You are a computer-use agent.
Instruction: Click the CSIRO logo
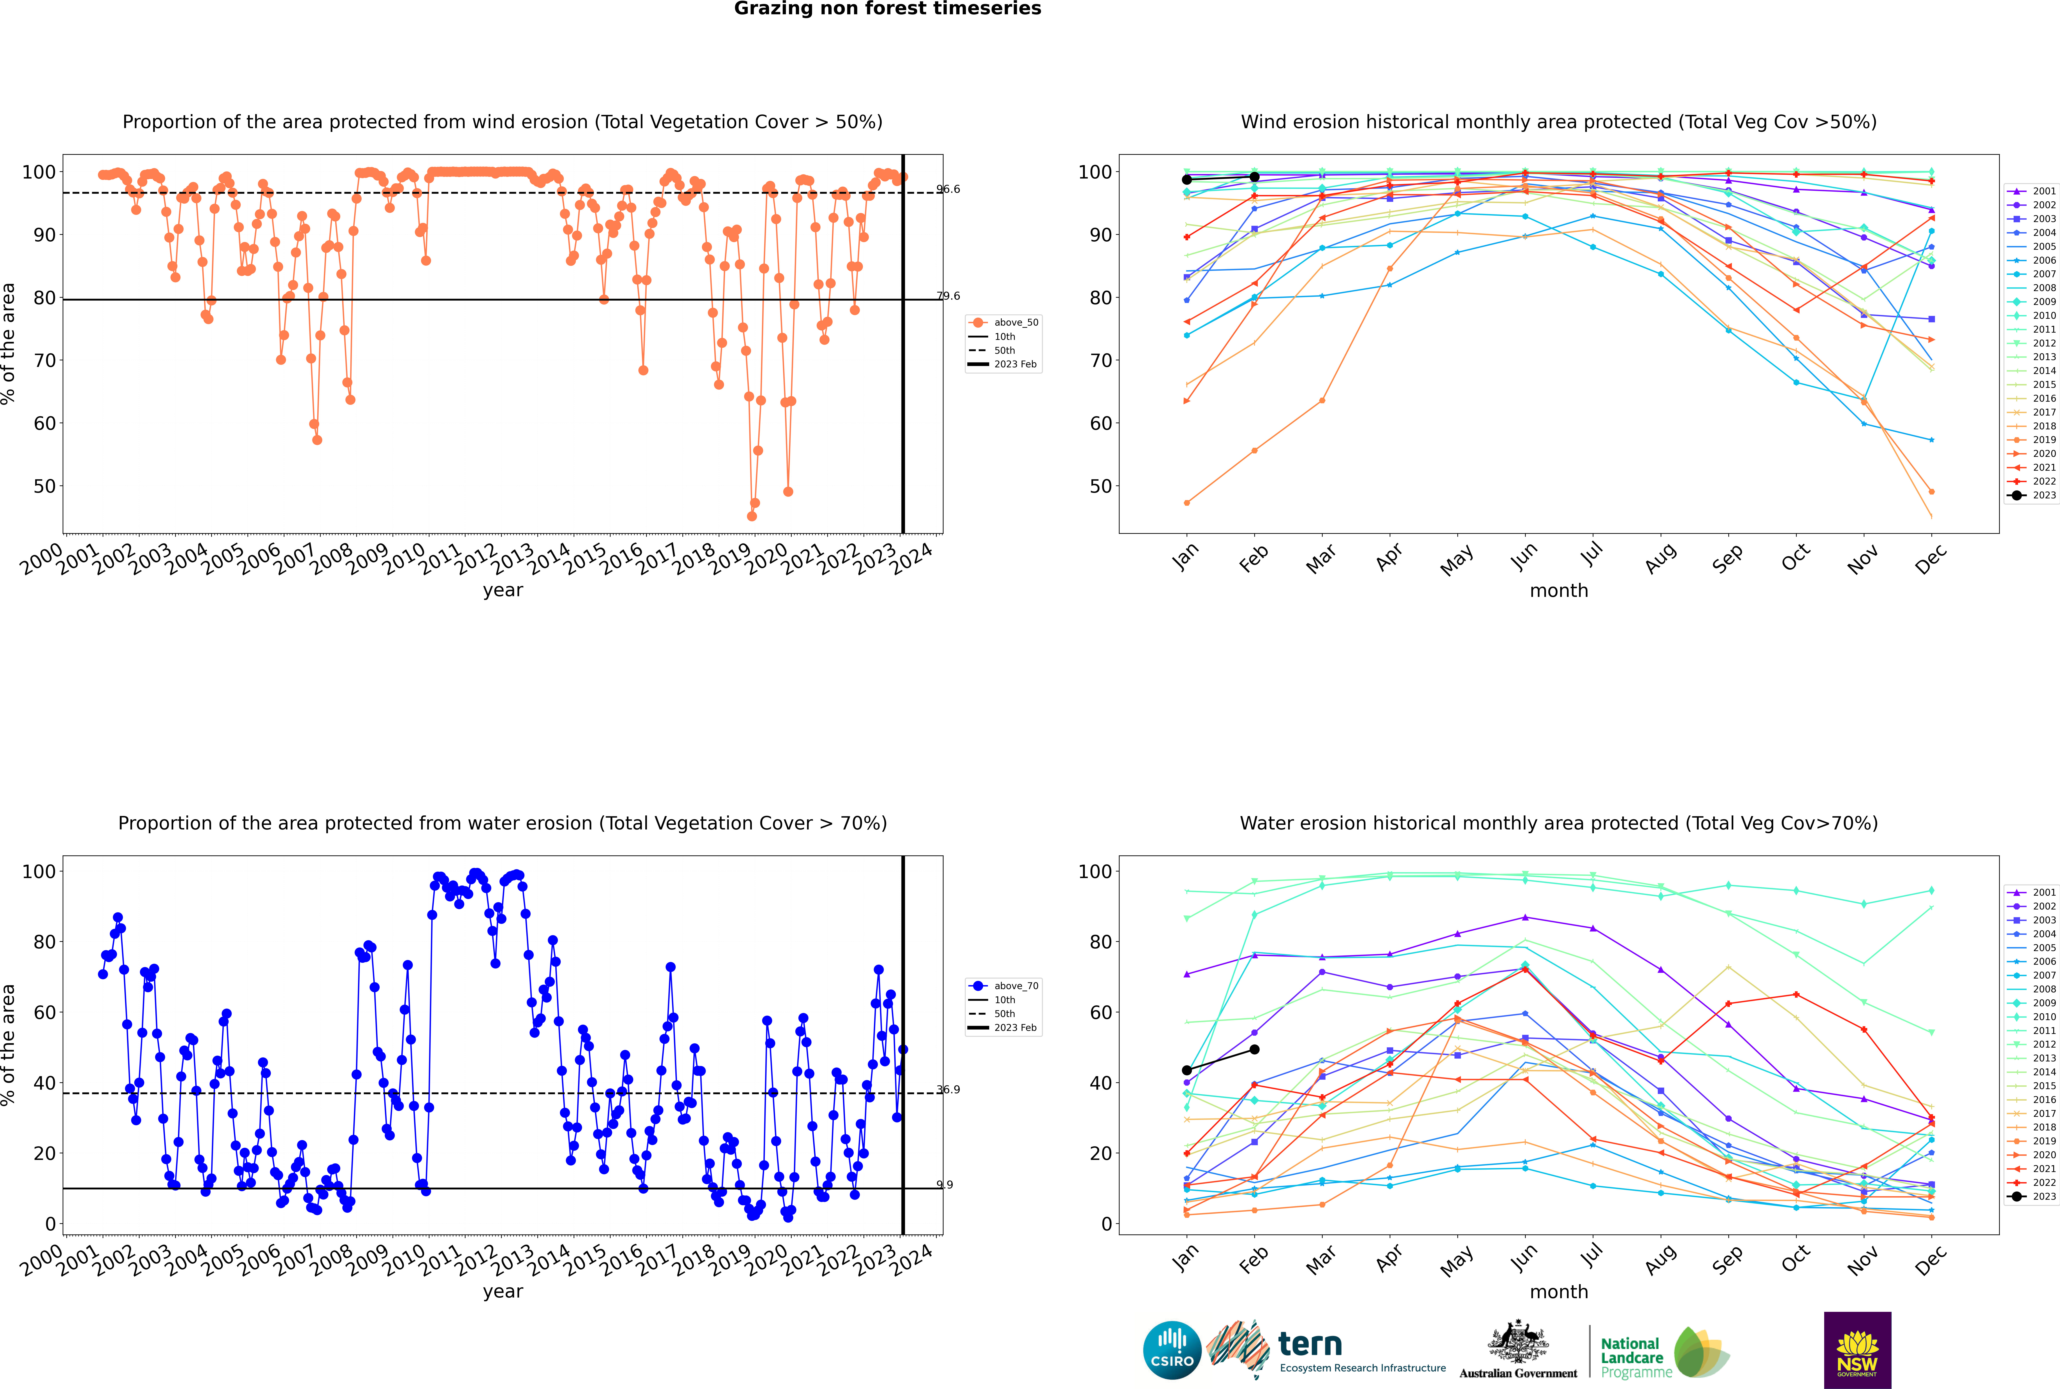point(1172,1350)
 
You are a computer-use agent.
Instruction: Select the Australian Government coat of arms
point(1518,1342)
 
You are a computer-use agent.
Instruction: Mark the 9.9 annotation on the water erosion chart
point(945,1184)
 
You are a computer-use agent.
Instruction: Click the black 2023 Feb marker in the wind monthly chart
point(1254,177)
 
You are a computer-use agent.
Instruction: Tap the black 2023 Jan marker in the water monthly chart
point(1187,1070)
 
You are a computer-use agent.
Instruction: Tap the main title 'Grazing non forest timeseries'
point(887,9)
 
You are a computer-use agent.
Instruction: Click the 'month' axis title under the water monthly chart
point(1559,1292)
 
